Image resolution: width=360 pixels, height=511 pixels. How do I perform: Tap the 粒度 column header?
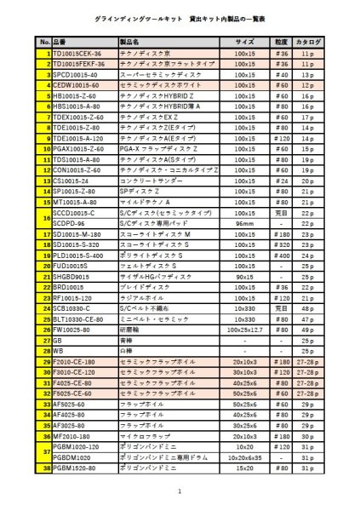pos(282,41)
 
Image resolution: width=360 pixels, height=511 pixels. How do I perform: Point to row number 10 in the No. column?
pos(45,148)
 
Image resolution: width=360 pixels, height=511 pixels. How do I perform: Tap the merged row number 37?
pos(45,451)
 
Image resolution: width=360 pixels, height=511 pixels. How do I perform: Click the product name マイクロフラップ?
pos(146,435)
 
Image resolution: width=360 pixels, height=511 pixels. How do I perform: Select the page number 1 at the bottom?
pos(180,491)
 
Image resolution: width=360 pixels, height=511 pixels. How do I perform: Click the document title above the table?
pos(180,17)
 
